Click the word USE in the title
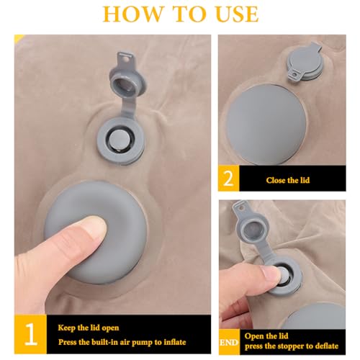[x=237, y=14]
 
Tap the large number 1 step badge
[x=31, y=334]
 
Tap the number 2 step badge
[x=228, y=179]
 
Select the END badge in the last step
[x=229, y=342]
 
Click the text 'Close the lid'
[x=288, y=180]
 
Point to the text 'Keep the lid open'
[x=89, y=328]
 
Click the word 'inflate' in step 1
[x=175, y=342]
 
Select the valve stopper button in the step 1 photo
[x=119, y=140]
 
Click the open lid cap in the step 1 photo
[x=127, y=84]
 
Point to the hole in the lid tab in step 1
[x=125, y=57]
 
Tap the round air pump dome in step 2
[x=267, y=125]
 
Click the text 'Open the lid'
[x=266, y=336]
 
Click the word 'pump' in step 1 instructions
[x=143, y=342]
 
